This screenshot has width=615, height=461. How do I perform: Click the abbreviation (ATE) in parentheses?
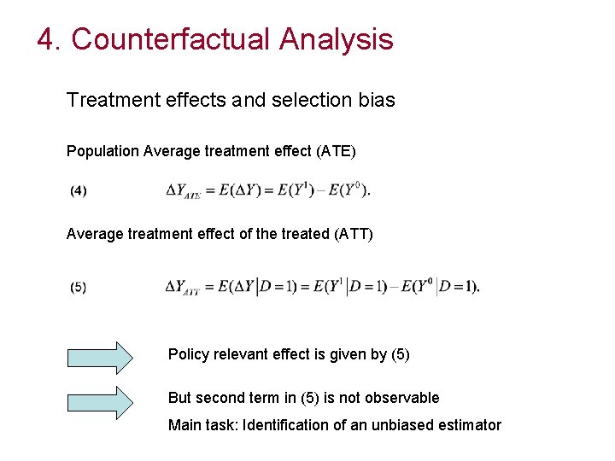coord(337,151)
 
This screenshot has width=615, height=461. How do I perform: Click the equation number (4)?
coord(78,191)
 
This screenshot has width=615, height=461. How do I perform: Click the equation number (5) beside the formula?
coord(78,288)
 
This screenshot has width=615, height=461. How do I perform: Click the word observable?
coord(404,397)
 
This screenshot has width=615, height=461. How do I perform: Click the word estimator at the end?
coord(471,424)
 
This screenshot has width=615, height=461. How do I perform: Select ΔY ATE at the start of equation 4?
coord(183,191)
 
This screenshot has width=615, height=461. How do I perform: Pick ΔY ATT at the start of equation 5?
coord(183,288)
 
